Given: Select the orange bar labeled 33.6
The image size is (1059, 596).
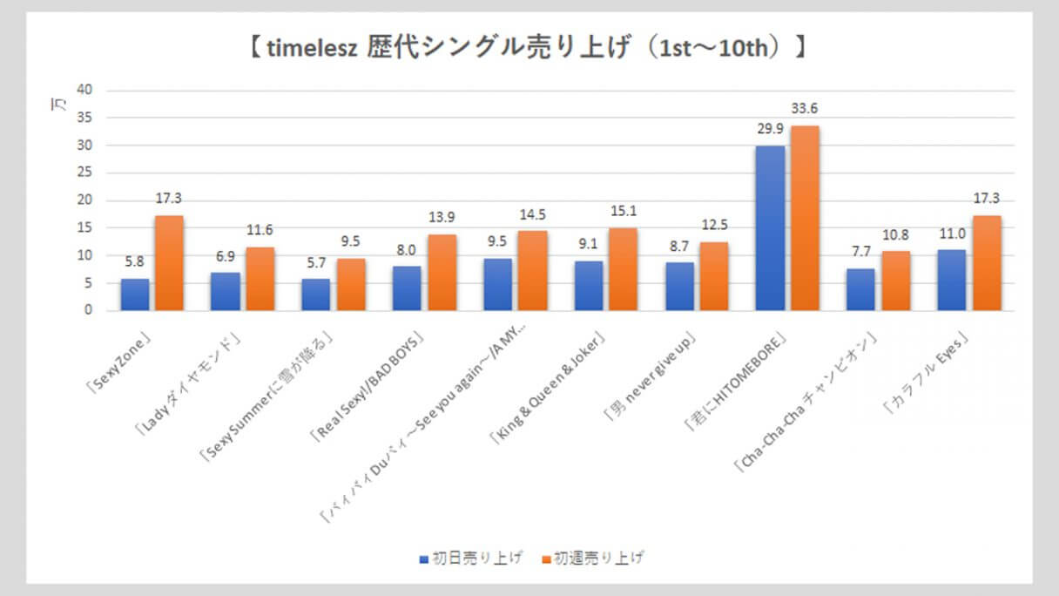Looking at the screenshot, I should pos(805,218).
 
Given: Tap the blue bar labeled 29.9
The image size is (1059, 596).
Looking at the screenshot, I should pos(770,228).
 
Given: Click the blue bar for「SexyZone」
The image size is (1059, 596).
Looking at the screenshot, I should pos(135,295).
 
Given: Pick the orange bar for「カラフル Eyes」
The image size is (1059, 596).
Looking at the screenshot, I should pos(987,263).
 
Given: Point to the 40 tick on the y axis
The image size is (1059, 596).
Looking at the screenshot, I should pos(84,90).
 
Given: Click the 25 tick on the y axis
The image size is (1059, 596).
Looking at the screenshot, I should pos(84,173).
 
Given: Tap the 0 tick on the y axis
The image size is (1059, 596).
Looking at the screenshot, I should pos(87,310).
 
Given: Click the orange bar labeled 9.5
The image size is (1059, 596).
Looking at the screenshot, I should pos(351,284).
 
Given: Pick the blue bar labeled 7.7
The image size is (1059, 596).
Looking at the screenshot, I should pos(860,289).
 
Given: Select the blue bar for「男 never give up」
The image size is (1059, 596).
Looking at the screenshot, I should pos(679,286).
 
